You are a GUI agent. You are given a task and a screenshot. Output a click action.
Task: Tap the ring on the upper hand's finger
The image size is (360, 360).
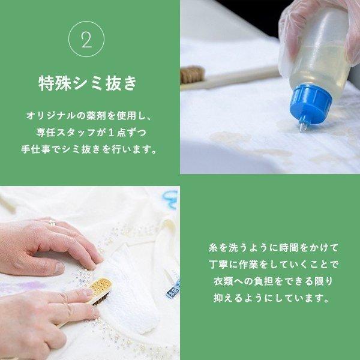[52, 223]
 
